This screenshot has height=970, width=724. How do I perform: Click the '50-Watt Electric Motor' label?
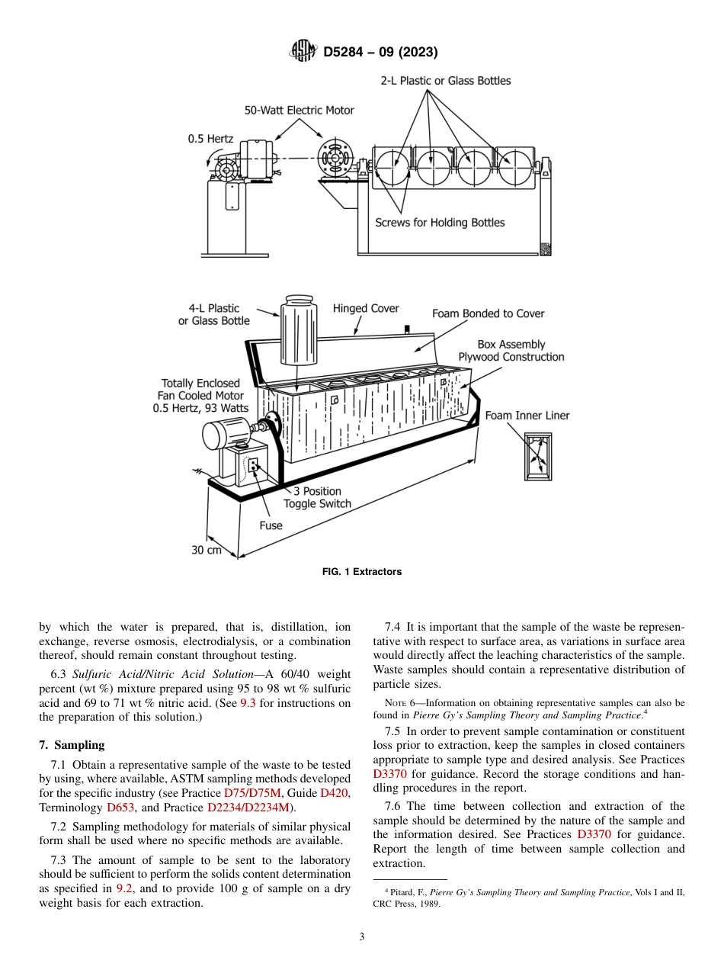tap(299, 111)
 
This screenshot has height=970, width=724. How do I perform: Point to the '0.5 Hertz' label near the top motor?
tap(210, 139)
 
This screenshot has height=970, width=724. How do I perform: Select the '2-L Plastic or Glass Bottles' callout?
tap(445, 81)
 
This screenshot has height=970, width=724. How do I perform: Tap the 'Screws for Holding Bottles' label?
tap(440, 223)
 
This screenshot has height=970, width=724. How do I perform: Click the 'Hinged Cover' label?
tap(366, 309)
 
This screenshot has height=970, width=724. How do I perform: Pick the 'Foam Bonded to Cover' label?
tap(488, 313)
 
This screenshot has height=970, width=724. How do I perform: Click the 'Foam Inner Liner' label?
tap(527, 416)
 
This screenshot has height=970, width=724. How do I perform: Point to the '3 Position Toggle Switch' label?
tap(317, 497)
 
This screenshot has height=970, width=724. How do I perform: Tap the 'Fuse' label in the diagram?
tap(271, 525)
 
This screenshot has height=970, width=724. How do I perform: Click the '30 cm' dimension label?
tap(207, 550)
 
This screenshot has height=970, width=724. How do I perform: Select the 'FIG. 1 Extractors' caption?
tap(362, 572)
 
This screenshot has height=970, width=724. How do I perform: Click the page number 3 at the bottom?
tap(362, 937)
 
